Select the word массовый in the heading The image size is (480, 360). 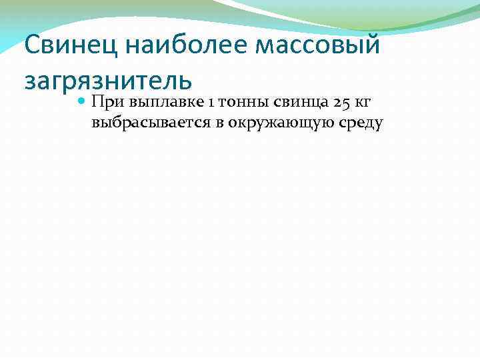[316, 46]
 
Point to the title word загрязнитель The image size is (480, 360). [108, 79]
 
